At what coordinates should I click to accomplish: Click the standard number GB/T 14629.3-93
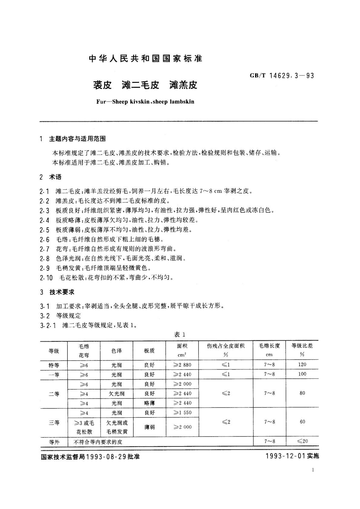(282, 76)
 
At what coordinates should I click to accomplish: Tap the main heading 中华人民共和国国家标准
(145, 58)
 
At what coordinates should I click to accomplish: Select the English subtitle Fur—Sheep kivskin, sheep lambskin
(145, 102)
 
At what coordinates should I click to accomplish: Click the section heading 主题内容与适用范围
(77, 139)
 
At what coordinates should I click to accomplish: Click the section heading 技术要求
(62, 292)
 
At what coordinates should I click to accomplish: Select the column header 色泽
(116, 351)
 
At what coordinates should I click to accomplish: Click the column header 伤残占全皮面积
(226, 346)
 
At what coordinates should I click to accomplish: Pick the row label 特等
(54, 365)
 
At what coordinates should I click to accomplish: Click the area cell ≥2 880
(182, 365)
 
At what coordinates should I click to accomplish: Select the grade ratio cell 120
(302, 365)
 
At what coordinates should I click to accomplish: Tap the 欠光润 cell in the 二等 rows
(116, 394)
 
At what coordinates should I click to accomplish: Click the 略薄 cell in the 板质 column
(149, 403)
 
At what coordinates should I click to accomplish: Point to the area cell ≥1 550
(182, 413)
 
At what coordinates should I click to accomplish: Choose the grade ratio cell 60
(302, 422)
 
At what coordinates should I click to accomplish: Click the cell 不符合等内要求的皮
(98, 442)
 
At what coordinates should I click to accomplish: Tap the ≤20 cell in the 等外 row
(302, 441)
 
